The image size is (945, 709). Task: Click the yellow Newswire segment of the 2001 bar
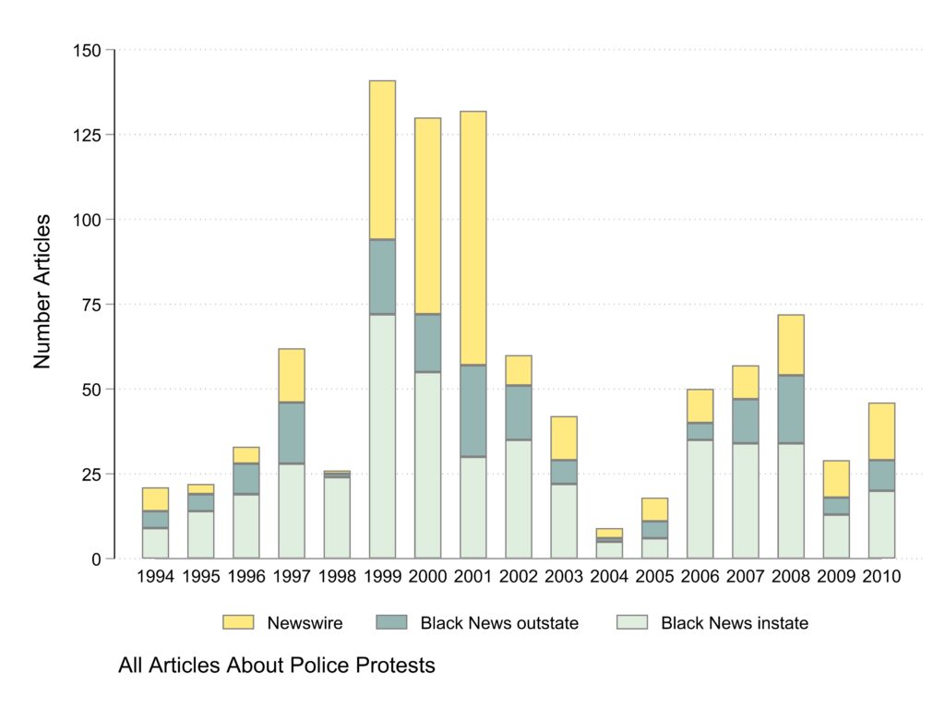coord(472,238)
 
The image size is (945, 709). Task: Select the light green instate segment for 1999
coord(382,436)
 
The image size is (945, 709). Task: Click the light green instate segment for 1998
coord(337,518)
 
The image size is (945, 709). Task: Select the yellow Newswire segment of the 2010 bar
coord(880,431)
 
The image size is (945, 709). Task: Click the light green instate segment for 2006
coord(700,499)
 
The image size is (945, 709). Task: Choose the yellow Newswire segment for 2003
coord(563,439)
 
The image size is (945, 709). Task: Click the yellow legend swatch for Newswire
coord(238,623)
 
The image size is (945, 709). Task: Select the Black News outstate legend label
coord(499,623)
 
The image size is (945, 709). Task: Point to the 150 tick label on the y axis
coord(87,50)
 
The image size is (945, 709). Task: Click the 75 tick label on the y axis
coord(90,305)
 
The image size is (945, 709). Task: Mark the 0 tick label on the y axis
coord(95,559)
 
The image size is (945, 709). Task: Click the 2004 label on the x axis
coord(608,577)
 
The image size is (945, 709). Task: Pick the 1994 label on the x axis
coord(156,577)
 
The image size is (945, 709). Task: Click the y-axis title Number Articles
coord(42,292)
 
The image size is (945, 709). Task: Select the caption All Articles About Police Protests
coord(276,666)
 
